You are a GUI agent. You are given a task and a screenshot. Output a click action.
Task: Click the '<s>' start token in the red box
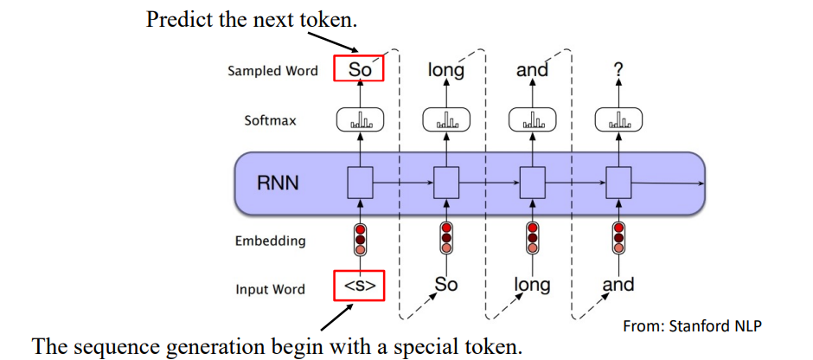pyautogui.click(x=359, y=286)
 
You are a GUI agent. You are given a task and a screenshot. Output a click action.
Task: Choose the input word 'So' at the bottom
pyautogui.click(x=445, y=284)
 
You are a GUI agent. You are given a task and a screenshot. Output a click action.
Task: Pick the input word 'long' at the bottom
pyautogui.click(x=532, y=285)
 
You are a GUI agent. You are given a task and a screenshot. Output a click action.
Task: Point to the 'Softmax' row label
pyautogui.click(x=270, y=120)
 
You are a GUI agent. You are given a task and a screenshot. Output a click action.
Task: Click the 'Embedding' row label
pyautogui.click(x=270, y=241)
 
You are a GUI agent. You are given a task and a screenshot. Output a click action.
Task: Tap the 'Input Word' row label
pyautogui.click(x=270, y=289)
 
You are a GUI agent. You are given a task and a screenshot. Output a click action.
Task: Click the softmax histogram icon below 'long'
pyautogui.click(x=445, y=121)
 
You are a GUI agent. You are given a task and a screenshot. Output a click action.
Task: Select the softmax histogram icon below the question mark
pyautogui.click(x=618, y=121)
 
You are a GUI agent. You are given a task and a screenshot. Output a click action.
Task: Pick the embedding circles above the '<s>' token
pyautogui.click(x=359, y=240)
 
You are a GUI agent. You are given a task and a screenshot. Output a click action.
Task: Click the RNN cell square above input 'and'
pyautogui.click(x=618, y=183)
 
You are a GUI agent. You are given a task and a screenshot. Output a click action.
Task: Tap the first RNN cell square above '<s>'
pyautogui.click(x=359, y=183)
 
